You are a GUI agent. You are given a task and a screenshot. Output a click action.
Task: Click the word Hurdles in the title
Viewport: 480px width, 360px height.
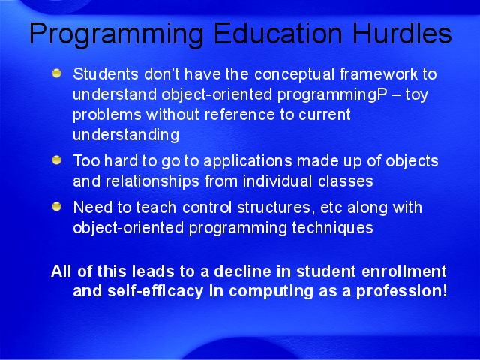coord(402,33)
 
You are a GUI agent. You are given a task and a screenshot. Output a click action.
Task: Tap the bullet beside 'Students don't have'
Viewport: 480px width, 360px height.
coord(57,73)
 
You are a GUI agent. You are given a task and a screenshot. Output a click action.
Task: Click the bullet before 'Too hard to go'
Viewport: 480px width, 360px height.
coord(57,160)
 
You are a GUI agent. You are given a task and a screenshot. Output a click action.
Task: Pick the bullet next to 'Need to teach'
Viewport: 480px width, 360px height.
coord(57,207)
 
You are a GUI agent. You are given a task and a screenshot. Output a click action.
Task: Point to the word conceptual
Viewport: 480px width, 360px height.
coord(295,74)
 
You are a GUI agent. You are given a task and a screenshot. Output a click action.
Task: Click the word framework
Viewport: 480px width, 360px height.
coord(379,73)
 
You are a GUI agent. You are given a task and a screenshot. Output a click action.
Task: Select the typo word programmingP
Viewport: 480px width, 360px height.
coord(332,95)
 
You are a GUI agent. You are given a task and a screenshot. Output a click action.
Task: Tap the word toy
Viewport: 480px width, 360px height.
coord(417,95)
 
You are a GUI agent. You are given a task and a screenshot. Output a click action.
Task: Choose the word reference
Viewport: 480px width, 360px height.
coord(240,115)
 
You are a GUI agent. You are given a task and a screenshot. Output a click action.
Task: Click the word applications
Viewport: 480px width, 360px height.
coord(247,162)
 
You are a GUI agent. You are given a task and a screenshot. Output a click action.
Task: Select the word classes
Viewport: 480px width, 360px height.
coord(346,181)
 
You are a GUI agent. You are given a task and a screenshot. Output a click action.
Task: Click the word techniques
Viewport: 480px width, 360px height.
coord(332,228)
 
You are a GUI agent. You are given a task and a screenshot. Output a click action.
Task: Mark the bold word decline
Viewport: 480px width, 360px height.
coord(243,271)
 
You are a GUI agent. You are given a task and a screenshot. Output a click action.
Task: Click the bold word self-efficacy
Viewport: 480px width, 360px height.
coord(155,291)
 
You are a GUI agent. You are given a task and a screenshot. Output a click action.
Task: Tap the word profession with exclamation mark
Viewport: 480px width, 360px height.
coord(402,291)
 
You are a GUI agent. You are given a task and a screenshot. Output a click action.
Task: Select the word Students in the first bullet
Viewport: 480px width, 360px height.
coord(106,74)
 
